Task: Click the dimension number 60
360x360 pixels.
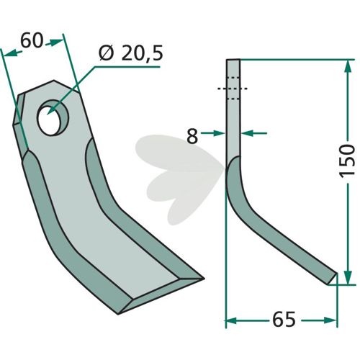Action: tap(32, 40)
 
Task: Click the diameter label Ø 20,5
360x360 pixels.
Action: tap(131, 53)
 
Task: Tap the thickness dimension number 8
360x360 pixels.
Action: tap(192, 136)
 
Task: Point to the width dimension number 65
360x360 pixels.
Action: tap(284, 320)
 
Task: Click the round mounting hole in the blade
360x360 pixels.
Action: tap(53, 117)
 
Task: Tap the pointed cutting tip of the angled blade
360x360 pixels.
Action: tap(204, 279)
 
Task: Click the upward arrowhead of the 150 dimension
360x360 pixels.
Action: tap(348, 66)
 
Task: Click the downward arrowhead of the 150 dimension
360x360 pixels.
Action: tap(348, 278)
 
